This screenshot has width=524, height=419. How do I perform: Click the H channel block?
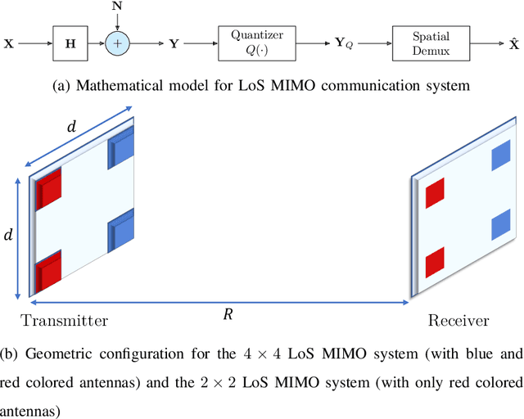[x=70, y=38]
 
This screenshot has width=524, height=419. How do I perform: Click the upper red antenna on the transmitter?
[x=49, y=189]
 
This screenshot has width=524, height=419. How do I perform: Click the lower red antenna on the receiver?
[x=435, y=259]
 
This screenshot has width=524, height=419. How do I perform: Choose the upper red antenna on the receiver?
[x=435, y=193]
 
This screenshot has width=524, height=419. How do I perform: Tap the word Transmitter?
[x=65, y=321]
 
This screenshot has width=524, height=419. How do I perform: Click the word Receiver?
[x=458, y=321]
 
